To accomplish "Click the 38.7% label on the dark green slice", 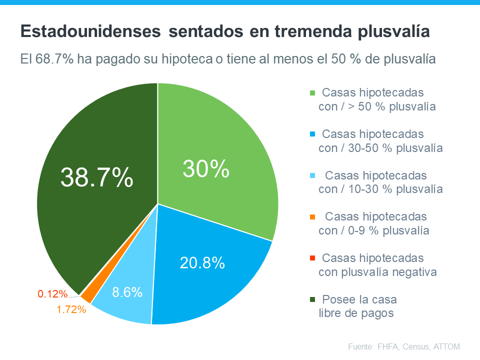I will (97, 177).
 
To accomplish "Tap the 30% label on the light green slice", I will (205, 169).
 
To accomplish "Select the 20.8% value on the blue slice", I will (201, 262).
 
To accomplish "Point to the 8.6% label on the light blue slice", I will (127, 292).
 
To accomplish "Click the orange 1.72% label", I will (71, 309).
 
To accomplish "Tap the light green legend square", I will (313, 93).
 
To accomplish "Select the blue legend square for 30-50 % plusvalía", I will (313, 134).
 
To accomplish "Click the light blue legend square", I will (313, 176).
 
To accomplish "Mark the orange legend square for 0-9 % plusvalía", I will (313, 217).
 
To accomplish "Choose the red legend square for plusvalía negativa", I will (313, 258).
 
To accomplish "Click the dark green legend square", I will (313, 299).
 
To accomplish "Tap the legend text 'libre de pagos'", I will (355, 313).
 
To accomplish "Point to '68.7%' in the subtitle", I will (55, 59).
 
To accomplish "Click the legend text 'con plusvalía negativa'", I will (377, 272).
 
